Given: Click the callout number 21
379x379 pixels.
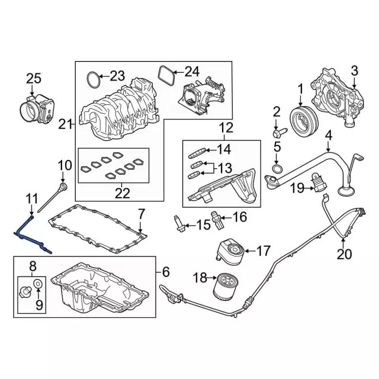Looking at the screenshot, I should pyautogui.click(x=64, y=124).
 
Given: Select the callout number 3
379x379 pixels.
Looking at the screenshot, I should pyautogui.click(x=354, y=72).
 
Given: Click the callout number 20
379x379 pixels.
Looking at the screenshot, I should pyautogui.click(x=344, y=255).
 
